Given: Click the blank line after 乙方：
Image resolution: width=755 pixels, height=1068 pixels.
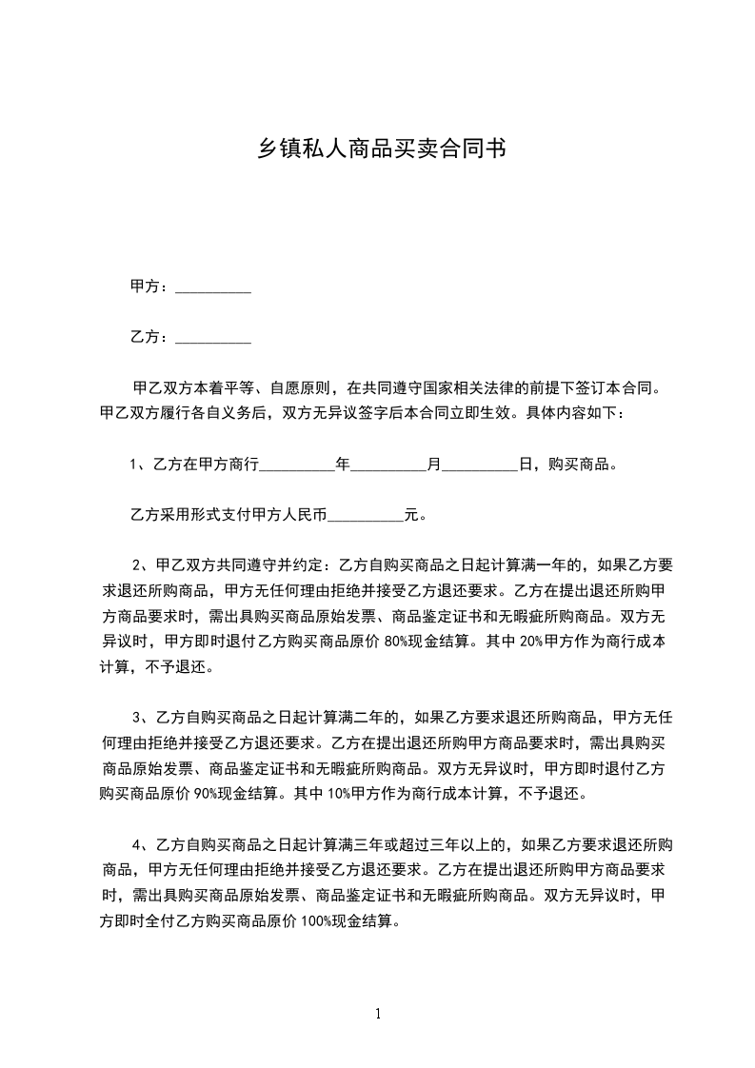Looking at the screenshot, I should (214, 338).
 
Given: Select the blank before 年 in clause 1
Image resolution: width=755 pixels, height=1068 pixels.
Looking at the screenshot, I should (297, 467).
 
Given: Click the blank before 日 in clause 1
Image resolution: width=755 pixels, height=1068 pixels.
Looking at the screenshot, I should (480, 467).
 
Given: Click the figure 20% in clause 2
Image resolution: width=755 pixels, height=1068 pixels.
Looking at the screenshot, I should (532, 642).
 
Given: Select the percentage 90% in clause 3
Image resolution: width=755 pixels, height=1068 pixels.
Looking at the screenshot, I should (221, 792).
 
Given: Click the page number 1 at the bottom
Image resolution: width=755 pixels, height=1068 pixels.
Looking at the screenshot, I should (379, 1014).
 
